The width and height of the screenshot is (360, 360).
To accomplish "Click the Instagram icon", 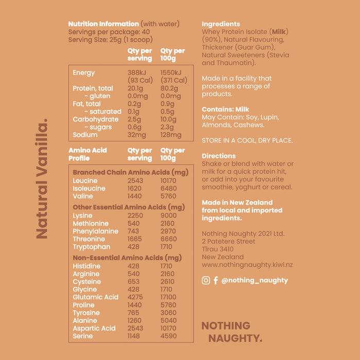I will click(x=206, y=280).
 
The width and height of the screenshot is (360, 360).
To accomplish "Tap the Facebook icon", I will click(x=216, y=280).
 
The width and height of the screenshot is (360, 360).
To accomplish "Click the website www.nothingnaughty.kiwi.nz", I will click(x=247, y=265).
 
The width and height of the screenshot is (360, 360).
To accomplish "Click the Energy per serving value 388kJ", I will click(x=137, y=73).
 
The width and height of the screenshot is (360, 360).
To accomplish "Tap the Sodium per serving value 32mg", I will click(x=136, y=135).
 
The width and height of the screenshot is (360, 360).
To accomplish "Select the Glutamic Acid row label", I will click(x=96, y=297).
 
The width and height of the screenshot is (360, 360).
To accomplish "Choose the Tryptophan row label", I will click(x=92, y=247).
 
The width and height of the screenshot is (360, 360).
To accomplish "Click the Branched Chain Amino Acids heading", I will click(x=131, y=172).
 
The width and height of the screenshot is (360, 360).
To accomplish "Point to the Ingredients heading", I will click(x=221, y=24).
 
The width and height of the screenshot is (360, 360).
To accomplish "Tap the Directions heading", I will click(x=219, y=156).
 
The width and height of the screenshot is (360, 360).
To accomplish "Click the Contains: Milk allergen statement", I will click(x=225, y=110).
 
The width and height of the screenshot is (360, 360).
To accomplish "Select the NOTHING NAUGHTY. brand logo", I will click(x=231, y=332).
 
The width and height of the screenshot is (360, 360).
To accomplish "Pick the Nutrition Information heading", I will click(x=103, y=24).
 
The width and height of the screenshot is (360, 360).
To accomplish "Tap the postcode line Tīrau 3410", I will click(x=218, y=249).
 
